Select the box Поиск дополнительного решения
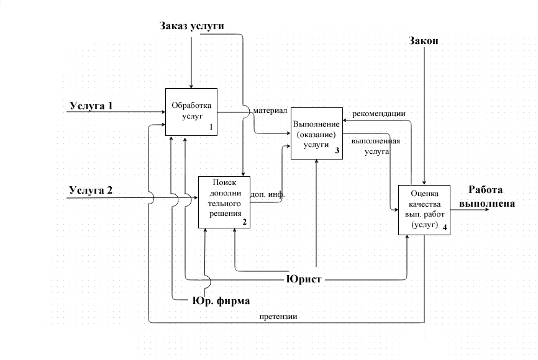click(224, 202)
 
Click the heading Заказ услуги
click(191, 25)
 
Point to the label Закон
click(424, 42)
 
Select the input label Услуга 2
click(91, 190)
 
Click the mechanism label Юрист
click(304, 279)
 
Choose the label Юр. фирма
click(220, 301)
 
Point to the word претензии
click(278, 316)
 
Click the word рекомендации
click(379, 114)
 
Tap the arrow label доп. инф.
click(267, 194)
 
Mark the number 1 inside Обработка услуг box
click(211, 127)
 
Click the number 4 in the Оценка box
click(444, 228)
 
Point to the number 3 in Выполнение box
click(336, 151)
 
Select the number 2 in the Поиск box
click(244, 222)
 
